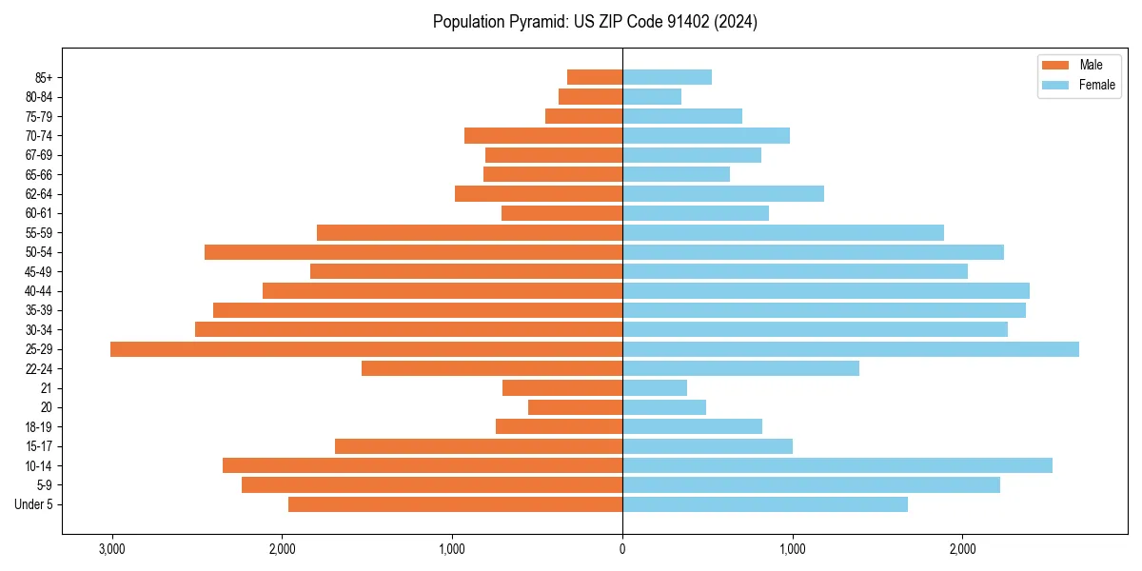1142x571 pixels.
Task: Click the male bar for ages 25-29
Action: pyautogui.click(x=366, y=349)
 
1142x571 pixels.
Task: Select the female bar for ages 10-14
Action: pyautogui.click(x=837, y=465)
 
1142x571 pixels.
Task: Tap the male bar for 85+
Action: pyautogui.click(x=595, y=77)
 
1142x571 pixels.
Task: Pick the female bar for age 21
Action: pyautogui.click(x=655, y=387)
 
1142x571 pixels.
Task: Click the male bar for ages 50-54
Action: pyautogui.click(x=414, y=252)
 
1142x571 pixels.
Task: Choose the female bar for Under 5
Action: pyautogui.click(x=765, y=504)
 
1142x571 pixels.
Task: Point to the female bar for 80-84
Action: pyautogui.click(x=652, y=96)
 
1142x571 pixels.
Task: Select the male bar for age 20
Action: pyautogui.click(x=576, y=407)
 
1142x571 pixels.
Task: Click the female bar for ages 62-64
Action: pyautogui.click(x=723, y=194)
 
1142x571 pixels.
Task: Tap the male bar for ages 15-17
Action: pyautogui.click(x=479, y=446)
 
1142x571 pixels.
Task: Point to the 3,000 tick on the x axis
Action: pyautogui.click(x=112, y=549)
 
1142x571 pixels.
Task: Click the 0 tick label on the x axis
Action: pyautogui.click(x=622, y=549)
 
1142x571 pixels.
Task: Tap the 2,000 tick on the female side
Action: pyautogui.click(x=962, y=549)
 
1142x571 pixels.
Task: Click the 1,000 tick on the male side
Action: pyautogui.click(x=452, y=549)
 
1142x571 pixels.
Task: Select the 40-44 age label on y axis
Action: pyautogui.click(x=39, y=291)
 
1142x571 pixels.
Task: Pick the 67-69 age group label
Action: pyautogui.click(x=39, y=155)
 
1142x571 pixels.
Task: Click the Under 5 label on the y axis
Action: pyautogui.click(x=34, y=504)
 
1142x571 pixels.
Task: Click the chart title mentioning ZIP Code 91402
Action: pyautogui.click(x=595, y=22)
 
